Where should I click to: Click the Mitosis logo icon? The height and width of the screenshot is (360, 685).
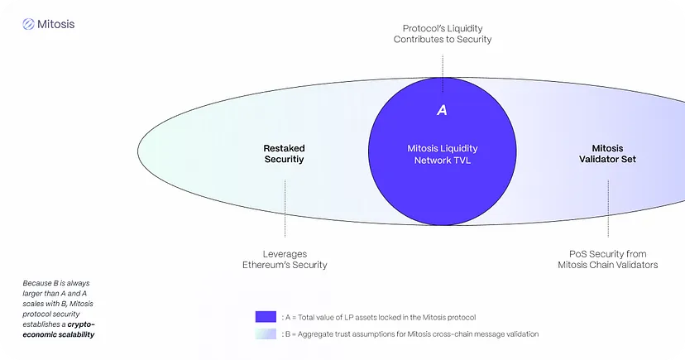(29, 25)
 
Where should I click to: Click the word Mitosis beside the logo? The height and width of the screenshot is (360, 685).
(56, 25)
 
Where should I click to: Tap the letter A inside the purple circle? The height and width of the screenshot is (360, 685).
(442, 110)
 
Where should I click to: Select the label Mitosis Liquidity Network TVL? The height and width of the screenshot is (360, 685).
(443, 154)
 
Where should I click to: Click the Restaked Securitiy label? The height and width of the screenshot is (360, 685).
(284, 154)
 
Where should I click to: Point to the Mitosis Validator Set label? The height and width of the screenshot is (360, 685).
(607, 154)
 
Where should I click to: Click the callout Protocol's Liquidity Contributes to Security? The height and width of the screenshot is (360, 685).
(443, 33)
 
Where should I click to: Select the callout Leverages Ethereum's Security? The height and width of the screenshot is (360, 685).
(285, 259)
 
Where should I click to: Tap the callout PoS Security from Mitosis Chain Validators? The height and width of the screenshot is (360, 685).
(607, 259)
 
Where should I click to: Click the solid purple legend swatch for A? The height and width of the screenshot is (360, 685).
(266, 317)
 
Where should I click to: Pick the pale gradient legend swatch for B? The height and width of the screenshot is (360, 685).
(266, 334)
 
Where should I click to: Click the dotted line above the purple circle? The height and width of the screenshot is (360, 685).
(443, 66)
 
